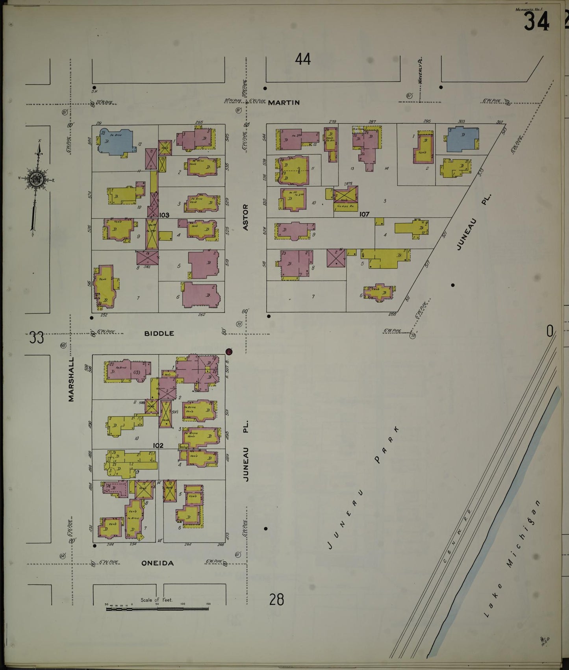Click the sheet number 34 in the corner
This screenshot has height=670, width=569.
(536, 22)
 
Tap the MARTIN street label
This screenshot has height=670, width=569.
(284, 103)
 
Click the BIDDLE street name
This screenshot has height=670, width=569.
(159, 333)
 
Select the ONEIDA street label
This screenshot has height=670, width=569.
(158, 563)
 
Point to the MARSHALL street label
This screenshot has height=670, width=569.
(71, 379)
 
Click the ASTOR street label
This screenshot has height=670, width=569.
(246, 217)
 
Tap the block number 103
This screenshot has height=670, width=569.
(164, 215)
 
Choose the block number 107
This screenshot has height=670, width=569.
(364, 215)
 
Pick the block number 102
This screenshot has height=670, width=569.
(158, 446)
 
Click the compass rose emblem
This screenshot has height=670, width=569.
(36, 180)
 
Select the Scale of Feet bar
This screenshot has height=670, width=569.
(157, 609)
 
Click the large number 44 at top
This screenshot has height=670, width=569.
(303, 59)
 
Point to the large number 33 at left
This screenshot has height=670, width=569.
(36, 338)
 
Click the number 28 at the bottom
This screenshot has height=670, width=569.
(277, 600)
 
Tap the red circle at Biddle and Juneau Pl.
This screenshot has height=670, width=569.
(229, 352)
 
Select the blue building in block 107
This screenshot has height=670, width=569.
(463, 139)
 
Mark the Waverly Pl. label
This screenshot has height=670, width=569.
(420, 70)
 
